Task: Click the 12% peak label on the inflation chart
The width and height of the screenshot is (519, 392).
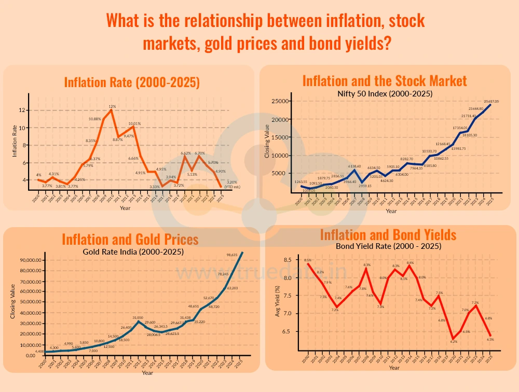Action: (x=112, y=106)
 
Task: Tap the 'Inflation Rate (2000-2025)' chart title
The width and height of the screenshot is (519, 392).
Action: (x=132, y=82)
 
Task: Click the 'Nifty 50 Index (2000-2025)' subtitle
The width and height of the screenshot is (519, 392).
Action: (x=385, y=93)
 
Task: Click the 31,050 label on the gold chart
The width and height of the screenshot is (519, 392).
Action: (x=138, y=318)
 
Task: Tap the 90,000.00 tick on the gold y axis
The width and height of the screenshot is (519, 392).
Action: (x=31, y=260)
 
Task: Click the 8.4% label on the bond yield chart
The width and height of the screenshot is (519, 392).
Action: (x=411, y=263)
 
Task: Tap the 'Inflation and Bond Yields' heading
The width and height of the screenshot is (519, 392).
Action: (x=388, y=235)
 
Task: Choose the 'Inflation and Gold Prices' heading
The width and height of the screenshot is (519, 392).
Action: (x=130, y=239)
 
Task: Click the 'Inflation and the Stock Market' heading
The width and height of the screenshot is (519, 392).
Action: (x=385, y=81)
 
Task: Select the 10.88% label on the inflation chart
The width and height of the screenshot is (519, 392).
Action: (x=95, y=119)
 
